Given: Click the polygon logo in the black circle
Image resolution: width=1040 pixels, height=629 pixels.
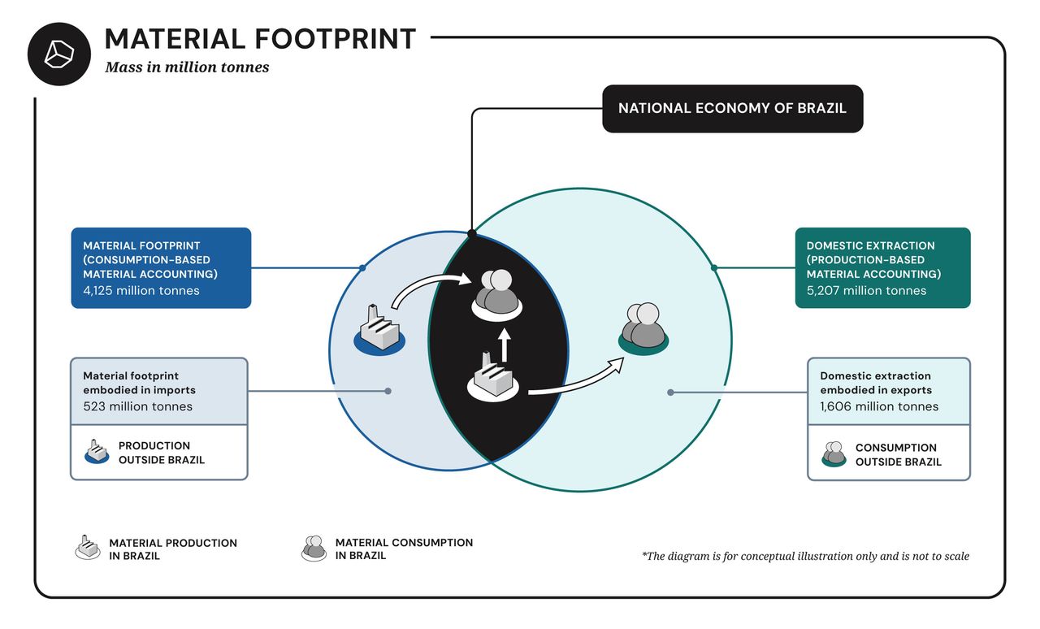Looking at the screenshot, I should coord(58,54).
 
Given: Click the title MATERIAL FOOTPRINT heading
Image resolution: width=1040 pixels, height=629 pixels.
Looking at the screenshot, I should coord(260,39).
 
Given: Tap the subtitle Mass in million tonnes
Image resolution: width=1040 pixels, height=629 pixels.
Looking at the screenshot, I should coord(187,67).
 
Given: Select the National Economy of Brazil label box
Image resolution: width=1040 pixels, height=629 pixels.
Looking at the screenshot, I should coord(732,108).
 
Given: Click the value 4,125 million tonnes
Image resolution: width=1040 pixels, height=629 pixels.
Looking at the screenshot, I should coord(141,291).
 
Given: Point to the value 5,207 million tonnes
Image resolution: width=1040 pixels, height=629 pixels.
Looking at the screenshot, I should coord(866,291).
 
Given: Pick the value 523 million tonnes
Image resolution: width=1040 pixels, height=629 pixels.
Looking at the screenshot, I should coord(137,406).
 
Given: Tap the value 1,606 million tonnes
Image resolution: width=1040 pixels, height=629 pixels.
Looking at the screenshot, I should coord(878,406).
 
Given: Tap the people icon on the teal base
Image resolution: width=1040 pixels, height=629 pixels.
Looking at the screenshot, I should coord(643,328).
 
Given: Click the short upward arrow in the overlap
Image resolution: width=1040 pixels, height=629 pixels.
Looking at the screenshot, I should coord(504,345).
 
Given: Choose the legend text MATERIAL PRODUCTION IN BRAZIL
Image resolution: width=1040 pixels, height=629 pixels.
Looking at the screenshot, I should coord(173,549).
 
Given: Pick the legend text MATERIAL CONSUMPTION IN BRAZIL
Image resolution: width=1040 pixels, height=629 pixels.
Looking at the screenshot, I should coord(404,549).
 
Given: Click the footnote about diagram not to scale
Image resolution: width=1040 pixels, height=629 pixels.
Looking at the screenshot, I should coord(805,557).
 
